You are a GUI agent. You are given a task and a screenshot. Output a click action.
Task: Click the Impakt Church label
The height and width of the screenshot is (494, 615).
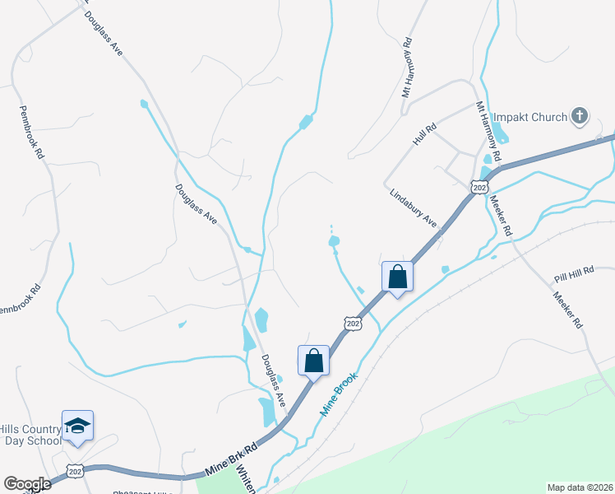pos(530,117)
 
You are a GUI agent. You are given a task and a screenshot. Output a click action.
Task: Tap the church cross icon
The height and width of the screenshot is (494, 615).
pos(580,116)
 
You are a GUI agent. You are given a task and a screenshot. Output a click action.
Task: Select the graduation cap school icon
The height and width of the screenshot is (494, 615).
pos(77,426)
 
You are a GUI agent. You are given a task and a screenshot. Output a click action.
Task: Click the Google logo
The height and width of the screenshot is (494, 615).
pos(27,484)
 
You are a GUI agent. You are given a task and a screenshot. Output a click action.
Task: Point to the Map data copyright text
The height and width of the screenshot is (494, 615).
pos(580,487)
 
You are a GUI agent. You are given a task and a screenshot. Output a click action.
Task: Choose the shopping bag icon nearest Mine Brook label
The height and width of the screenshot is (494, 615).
pos(313,360)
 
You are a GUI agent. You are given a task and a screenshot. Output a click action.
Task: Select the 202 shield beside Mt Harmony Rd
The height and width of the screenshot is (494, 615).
pos(479,188)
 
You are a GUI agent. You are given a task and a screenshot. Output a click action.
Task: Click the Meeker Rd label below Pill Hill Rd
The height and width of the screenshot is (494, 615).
pos(567,310)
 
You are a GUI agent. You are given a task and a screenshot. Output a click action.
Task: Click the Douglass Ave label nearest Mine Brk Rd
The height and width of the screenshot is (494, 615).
pos(273,380)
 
